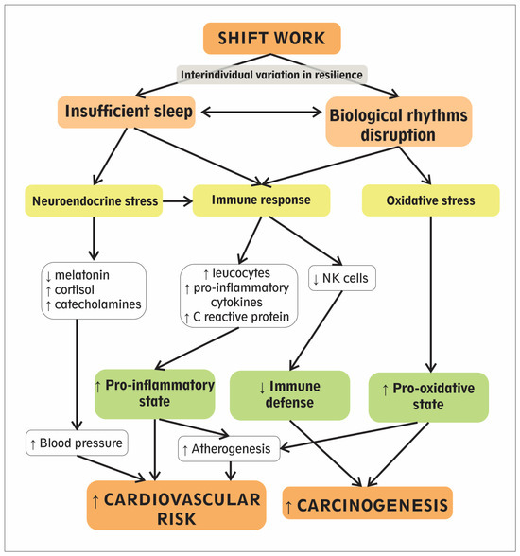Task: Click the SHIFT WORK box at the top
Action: tap(272, 38)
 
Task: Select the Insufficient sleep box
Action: tap(127, 112)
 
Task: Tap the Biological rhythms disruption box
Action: tap(399, 121)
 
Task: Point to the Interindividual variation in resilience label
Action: tap(272, 75)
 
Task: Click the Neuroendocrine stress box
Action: tap(94, 200)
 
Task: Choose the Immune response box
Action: tap(261, 200)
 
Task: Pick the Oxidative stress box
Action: tap(431, 200)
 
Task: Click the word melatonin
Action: tap(82, 275)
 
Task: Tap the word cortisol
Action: tap(75, 289)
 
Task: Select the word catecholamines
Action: tap(97, 304)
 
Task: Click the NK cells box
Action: tap(342, 278)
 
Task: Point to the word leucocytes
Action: tap(241, 273)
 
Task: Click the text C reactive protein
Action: tap(241, 317)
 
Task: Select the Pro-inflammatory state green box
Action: tap(155, 393)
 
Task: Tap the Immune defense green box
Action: tap(289, 395)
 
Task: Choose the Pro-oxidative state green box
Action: tap(428, 397)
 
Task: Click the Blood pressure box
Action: tap(77, 443)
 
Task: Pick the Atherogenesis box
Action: tap(229, 449)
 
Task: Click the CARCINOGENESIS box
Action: tap(368, 503)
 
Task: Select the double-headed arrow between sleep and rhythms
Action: tap(261, 112)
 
